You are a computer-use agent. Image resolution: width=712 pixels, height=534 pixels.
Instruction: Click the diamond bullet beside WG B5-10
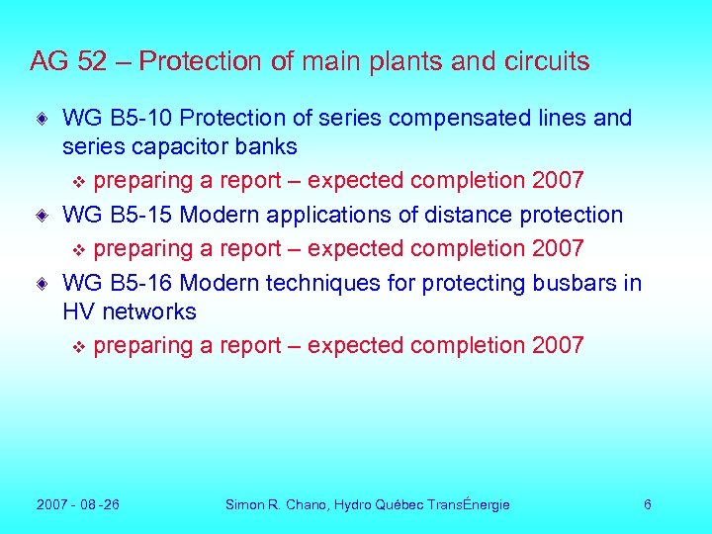(41, 119)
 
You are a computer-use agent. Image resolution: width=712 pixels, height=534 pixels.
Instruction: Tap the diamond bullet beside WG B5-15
(41, 215)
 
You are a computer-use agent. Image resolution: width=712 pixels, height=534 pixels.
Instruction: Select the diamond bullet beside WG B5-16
(41, 284)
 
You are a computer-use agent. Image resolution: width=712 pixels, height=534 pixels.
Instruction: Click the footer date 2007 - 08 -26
(78, 504)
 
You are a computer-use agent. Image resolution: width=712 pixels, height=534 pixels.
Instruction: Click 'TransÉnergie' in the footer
(469, 504)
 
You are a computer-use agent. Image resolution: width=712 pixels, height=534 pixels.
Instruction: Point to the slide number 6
(647, 504)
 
